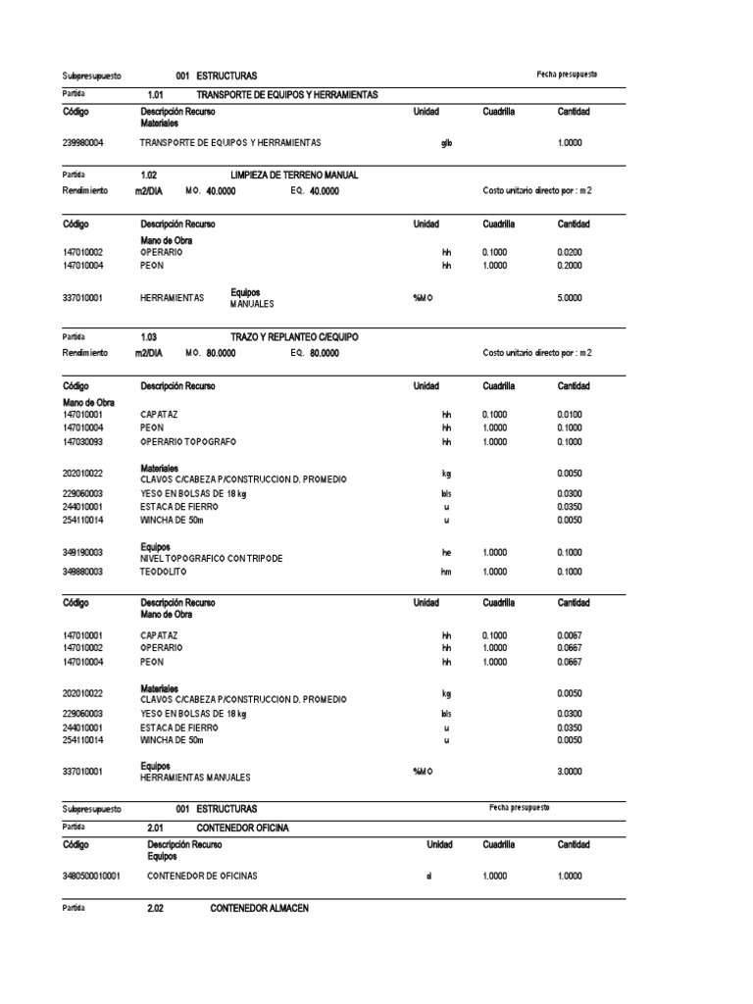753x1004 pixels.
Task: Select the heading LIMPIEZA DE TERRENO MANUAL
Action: coord(294,175)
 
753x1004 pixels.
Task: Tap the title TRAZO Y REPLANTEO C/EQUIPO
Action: coord(294,336)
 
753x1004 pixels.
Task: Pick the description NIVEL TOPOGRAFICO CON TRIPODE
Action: coord(211,558)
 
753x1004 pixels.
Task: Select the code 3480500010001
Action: coord(91,876)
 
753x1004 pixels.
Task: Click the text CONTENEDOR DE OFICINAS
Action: coord(203,876)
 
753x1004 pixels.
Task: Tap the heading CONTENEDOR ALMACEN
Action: coord(259,909)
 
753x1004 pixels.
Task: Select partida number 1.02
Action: coord(149,175)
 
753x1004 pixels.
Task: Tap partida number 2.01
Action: coord(155,828)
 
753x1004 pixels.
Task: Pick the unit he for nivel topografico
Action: coord(446,553)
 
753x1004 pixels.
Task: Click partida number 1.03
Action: coord(149,336)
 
